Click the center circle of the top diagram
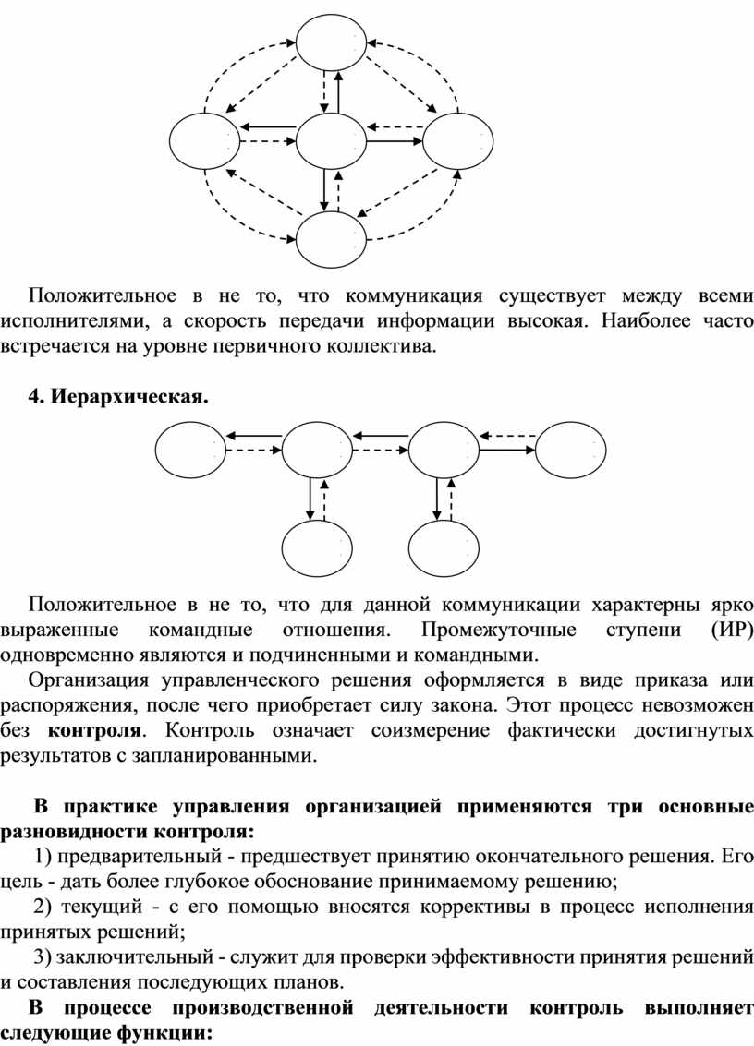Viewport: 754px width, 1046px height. click(x=331, y=141)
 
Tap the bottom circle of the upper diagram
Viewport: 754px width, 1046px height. click(x=331, y=239)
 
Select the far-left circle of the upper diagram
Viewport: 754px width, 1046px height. click(x=205, y=141)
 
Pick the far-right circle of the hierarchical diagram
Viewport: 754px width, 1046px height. click(x=571, y=450)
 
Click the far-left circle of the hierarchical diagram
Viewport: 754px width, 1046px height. click(x=191, y=450)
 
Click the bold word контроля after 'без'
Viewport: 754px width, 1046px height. click(x=94, y=729)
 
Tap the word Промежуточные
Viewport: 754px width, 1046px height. click(x=499, y=631)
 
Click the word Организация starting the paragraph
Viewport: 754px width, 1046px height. click(x=88, y=679)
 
